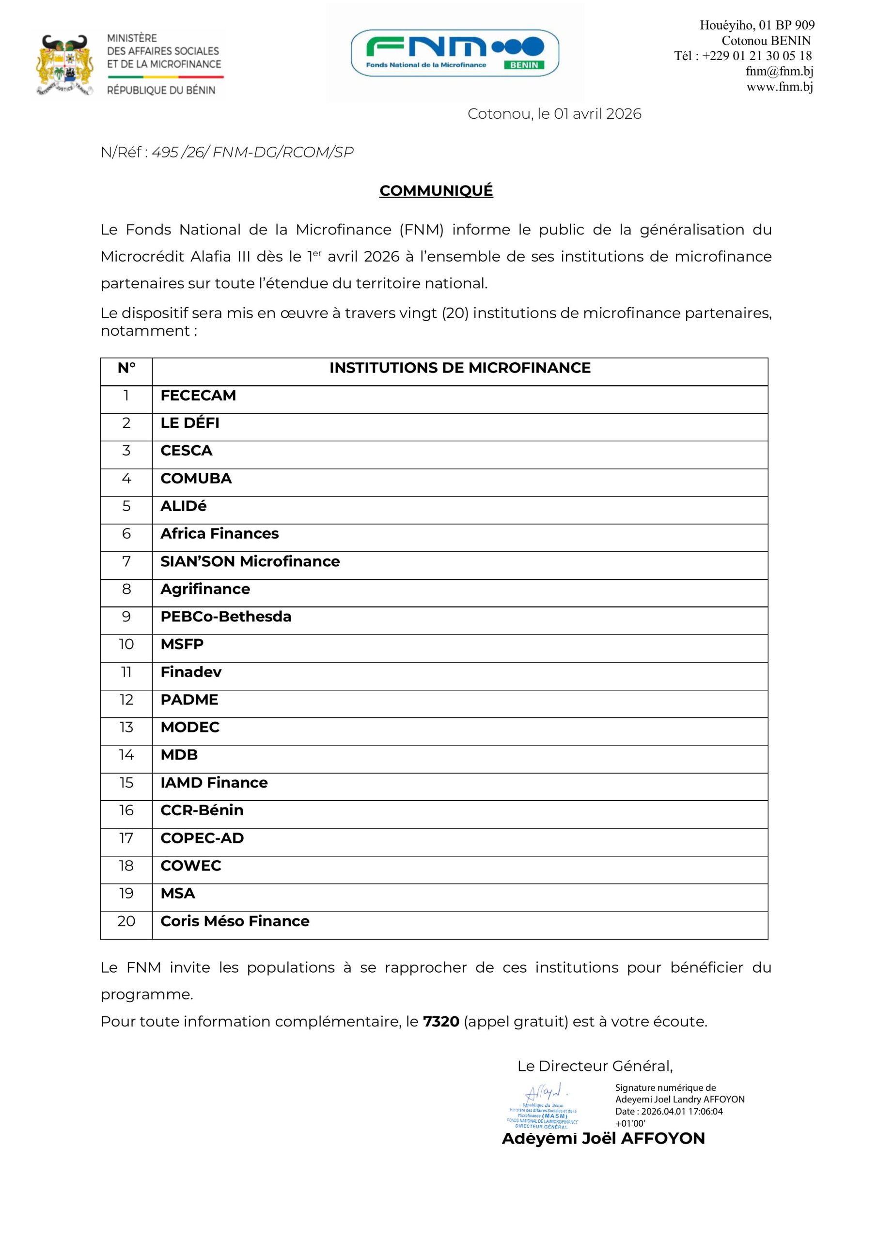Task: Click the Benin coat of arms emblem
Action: (65, 65)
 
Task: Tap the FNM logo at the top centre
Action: (454, 53)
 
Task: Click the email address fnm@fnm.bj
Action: (779, 71)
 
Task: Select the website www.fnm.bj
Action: (779, 87)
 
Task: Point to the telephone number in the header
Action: (742, 56)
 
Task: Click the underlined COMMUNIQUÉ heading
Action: (436, 191)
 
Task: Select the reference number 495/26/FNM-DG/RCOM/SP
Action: (252, 152)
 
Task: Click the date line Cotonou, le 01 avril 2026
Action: (554, 114)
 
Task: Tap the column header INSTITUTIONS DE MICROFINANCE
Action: (460, 368)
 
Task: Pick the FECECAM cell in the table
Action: (198, 395)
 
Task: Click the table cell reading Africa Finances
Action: (219, 534)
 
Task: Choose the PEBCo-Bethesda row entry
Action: (226, 617)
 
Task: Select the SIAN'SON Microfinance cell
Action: (250, 562)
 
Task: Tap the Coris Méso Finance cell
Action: (235, 921)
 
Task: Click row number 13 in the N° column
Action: (126, 728)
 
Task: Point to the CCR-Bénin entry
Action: (202, 811)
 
